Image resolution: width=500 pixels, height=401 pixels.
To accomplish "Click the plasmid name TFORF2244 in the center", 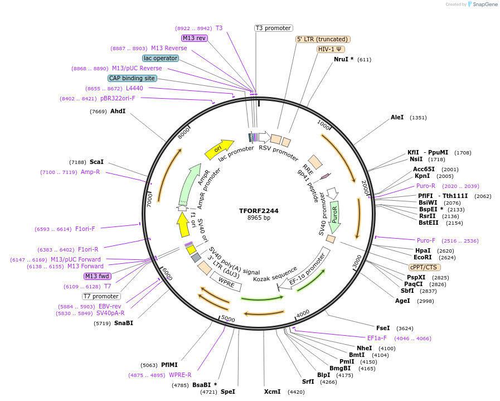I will [259, 211].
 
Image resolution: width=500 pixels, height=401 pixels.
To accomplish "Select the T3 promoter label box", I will [274, 28].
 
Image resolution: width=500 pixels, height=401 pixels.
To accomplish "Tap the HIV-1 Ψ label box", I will [331, 49].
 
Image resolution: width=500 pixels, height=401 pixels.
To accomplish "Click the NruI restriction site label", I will [343, 59].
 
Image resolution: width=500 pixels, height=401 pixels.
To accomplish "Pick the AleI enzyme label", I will [397, 118].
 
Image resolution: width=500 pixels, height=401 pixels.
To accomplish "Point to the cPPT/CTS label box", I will [423, 267].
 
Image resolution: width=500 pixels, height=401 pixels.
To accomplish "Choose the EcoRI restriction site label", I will [423, 258].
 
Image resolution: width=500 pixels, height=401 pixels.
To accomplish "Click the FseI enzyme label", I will [383, 328].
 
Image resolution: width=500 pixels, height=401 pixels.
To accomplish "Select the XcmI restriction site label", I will [272, 392].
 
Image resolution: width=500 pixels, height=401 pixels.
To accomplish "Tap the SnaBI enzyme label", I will [123, 323].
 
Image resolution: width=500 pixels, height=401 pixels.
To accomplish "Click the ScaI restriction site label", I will [96, 162].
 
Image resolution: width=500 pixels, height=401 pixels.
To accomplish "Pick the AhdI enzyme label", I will [118, 111].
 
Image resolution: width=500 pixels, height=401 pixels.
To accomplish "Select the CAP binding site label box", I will [132, 79].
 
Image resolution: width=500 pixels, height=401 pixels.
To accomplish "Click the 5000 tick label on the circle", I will [228, 318].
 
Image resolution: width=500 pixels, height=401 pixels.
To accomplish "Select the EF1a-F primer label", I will [376, 338].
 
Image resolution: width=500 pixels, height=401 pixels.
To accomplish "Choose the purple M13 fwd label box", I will [98, 276].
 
